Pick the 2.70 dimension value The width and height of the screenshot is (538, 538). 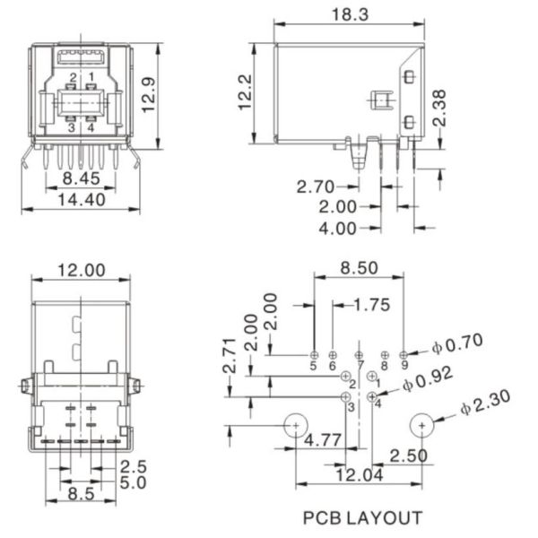click(x=317, y=187)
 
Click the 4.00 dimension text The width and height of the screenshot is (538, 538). click(x=338, y=228)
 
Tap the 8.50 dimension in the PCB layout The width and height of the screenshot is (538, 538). click(x=359, y=267)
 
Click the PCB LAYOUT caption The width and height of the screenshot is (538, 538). click(x=361, y=517)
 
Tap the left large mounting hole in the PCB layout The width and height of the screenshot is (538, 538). click(x=295, y=424)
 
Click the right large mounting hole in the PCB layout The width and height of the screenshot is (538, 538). click(x=422, y=424)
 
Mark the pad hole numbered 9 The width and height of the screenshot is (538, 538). click(x=403, y=355)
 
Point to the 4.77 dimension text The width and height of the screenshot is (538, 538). click(x=321, y=440)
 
